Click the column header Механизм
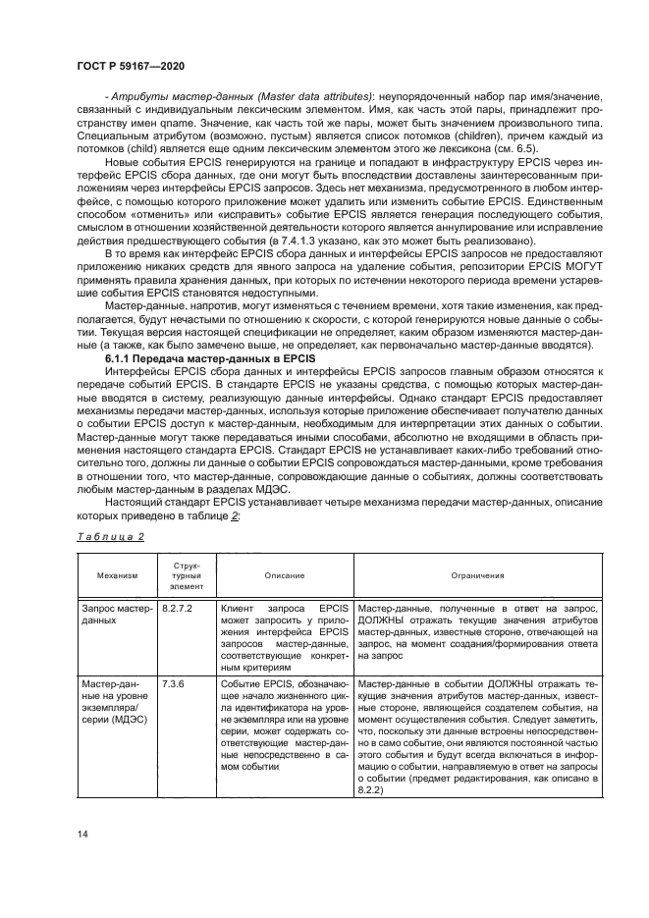[x=118, y=577]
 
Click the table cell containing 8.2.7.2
[x=178, y=609]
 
